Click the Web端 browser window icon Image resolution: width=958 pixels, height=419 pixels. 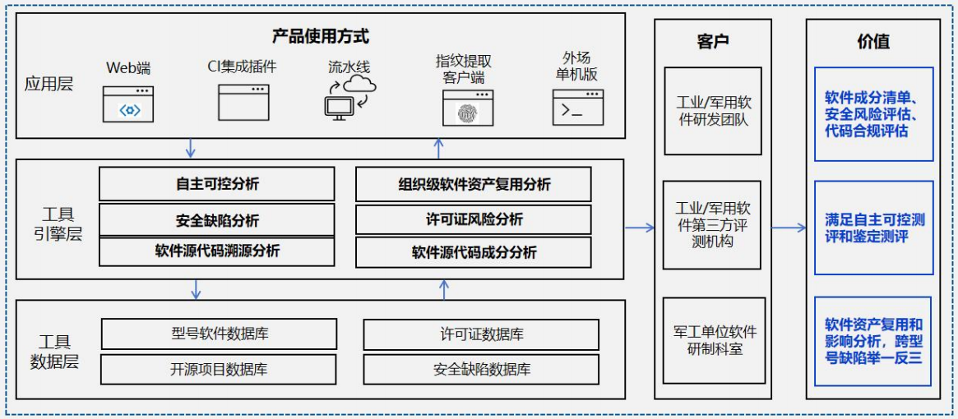(127, 104)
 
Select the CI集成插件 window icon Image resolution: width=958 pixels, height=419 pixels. (243, 102)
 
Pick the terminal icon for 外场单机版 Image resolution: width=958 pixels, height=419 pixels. (577, 108)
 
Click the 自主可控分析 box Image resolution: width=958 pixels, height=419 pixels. (216, 184)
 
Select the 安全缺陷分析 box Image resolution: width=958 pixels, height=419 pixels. (216, 220)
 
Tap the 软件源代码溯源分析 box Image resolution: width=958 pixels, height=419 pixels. (216, 251)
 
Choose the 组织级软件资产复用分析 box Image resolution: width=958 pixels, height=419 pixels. (473, 184)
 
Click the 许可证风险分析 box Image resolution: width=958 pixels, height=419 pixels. (473, 219)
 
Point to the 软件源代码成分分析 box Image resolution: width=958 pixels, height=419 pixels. (473, 252)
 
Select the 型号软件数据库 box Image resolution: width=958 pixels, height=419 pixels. (219, 334)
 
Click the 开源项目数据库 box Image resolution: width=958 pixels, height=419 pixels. (219, 369)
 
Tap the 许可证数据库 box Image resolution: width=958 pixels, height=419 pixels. (481, 334)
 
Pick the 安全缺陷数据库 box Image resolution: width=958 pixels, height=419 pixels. (481, 369)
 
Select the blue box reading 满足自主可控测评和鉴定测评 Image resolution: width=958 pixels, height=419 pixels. (873, 228)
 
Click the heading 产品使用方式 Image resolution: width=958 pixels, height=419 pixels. (321, 37)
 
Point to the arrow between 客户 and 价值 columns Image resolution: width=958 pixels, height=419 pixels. (789, 228)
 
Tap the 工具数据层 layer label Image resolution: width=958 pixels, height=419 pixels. (55, 352)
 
